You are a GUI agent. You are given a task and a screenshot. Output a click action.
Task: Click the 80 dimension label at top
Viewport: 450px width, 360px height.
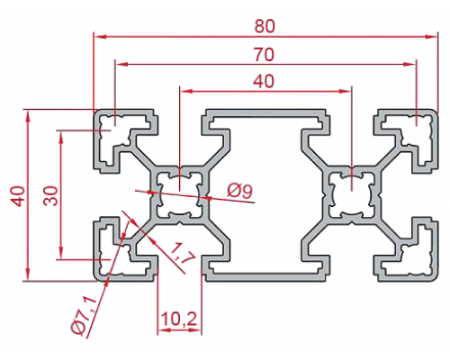pyautogui.click(x=265, y=26)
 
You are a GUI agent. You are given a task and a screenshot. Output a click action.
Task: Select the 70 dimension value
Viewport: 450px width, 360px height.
pyautogui.click(x=264, y=55)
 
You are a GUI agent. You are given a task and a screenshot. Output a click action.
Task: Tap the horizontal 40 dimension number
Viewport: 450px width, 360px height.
pyautogui.click(x=264, y=81)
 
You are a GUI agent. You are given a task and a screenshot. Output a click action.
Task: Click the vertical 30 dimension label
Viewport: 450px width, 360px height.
pyautogui.click(x=50, y=195)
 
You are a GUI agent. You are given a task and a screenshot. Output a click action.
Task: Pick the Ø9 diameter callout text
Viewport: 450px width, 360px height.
pyautogui.click(x=239, y=191)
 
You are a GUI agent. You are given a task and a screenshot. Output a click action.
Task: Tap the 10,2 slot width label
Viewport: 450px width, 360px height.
pyautogui.click(x=179, y=319)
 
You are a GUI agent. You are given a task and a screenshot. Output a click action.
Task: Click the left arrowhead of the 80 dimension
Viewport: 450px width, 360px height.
pyautogui.click(x=100, y=37)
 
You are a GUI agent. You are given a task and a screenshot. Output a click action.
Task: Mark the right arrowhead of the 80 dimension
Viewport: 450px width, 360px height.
pyautogui.click(x=431, y=37)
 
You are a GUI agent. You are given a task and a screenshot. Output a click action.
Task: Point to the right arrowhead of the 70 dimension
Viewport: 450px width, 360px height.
pyautogui.click(x=409, y=64)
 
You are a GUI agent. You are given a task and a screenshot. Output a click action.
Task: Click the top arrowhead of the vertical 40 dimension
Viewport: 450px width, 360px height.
pyautogui.click(x=28, y=116)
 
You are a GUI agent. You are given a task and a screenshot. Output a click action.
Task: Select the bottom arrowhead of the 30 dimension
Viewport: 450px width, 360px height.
pyautogui.click(x=61, y=252)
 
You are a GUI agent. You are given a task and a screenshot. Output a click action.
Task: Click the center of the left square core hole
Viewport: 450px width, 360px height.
pyautogui.click(x=179, y=194)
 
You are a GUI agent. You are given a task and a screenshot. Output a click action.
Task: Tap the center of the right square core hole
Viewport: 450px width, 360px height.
pyautogui.click(x=352, y=194)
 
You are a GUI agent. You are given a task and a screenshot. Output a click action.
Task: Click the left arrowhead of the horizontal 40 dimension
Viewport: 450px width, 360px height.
pyautogui.click(x=186, y=91)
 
